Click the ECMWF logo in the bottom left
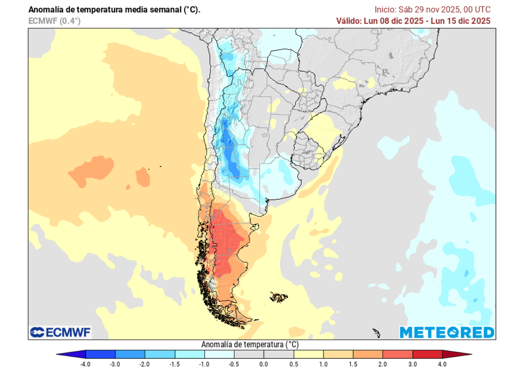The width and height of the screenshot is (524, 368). (x=60, y=332)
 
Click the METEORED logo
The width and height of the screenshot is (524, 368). (x=447, y=332)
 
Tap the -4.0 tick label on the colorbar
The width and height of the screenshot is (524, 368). (x=85, y=364)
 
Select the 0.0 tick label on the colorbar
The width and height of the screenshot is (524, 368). (x=264, y=364)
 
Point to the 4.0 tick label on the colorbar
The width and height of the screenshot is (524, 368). (x=442, y=364)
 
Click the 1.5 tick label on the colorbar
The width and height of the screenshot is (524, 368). (x=353, y=364)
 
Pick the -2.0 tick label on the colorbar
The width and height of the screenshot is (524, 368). (x=145, y=364)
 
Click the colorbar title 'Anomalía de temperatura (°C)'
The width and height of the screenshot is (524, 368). (x=250, y=344)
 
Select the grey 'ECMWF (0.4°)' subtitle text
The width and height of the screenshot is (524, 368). (x=54, y=20)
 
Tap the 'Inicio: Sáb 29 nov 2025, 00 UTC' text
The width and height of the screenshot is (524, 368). (x=432, y=10)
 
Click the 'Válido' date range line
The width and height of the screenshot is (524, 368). (x=413, y=20)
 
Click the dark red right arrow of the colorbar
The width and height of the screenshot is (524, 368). (x=456, y=354)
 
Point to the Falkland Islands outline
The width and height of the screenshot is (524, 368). (x=279, y=296)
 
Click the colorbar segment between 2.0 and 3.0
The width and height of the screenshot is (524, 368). (x=397, y=354)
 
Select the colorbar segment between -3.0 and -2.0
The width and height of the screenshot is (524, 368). (x=130, y=354)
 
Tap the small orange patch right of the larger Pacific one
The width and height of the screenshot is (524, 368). (x=143, y=177)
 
